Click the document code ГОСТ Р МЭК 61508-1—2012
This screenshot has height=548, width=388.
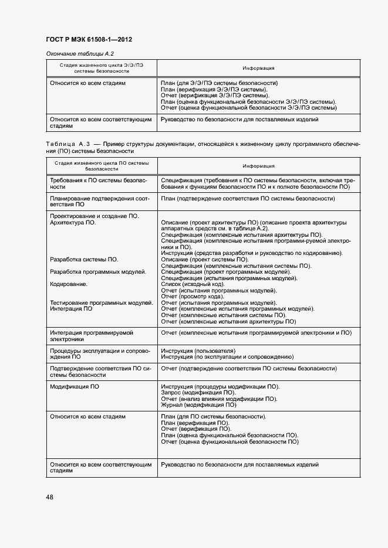click(89, 40)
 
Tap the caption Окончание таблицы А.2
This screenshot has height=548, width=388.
click(76, 54)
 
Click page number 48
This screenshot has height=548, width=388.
click(50, 497)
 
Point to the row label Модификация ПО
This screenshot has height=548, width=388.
click(74, 387)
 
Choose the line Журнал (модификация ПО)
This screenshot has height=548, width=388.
click(198, 404)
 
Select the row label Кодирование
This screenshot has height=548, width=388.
click(69, 284)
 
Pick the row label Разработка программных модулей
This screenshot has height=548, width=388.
click(98, 272)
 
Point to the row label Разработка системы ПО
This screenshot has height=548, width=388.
click(84, 260)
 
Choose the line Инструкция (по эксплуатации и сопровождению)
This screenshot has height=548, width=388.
click(227, 356)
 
